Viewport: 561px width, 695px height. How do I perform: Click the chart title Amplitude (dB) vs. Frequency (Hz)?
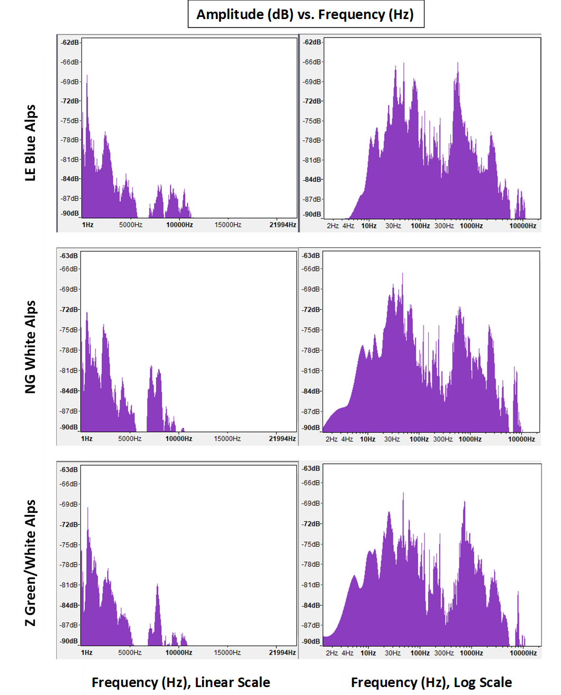pos(305,14)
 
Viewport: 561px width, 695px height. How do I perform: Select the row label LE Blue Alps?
pos(31,143)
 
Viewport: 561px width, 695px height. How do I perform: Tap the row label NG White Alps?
pos(31,347)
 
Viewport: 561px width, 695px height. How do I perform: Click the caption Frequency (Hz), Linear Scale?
pos(180,682)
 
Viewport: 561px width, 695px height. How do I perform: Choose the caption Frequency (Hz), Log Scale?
pos(431,682)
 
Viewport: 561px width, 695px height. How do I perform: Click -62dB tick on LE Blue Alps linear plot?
pos(70,42)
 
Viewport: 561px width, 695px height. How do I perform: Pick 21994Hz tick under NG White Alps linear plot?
pos(283,439)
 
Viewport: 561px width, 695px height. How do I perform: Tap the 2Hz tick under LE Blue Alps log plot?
pos(332,226)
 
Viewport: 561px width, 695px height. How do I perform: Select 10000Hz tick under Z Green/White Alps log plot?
pos(522,653)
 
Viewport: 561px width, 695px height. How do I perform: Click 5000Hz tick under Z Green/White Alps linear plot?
pos(130,653)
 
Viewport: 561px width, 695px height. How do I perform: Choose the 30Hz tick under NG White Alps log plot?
pos(392,439)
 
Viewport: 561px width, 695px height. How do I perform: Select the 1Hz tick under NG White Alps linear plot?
pos(87,439)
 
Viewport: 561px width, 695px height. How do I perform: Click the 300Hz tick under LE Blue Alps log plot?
pos(444,226)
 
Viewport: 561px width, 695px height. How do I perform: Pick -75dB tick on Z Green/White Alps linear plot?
pos(70,545)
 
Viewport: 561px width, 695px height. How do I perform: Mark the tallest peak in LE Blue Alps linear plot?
pos(87,76)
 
